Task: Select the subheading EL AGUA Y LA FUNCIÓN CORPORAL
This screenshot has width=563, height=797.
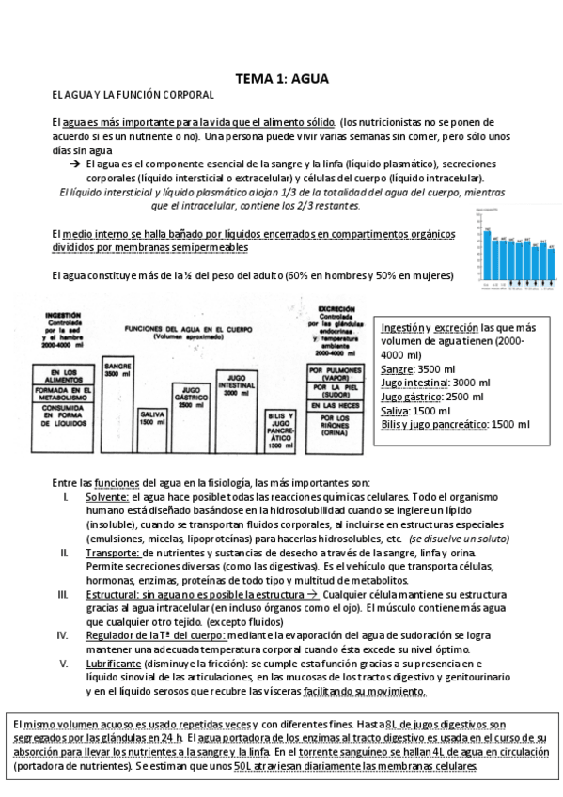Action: click(133, 96)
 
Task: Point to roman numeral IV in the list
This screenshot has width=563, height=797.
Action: click(63, 635)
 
